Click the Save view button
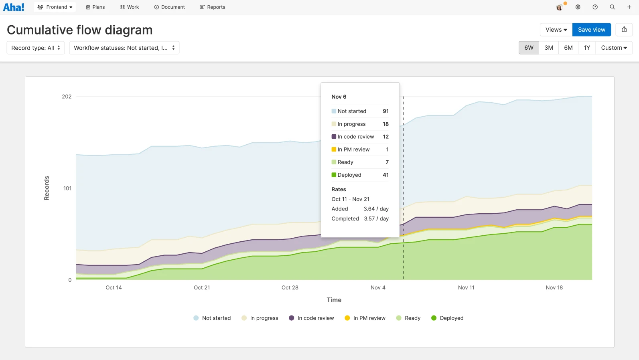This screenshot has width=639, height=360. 591,30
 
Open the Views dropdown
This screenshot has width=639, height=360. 556,30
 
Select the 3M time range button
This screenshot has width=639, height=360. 548,48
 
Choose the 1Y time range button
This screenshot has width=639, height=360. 586,48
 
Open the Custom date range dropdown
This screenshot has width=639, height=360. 614,48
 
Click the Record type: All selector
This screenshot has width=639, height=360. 36,48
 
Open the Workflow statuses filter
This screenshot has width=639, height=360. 124,48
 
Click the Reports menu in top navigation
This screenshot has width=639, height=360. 213,7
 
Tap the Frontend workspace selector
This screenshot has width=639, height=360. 55,7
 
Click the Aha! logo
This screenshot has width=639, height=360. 14,7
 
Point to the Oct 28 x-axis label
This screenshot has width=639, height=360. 290,287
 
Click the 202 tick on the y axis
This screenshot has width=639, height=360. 67,97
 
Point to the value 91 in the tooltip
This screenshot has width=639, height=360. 385,111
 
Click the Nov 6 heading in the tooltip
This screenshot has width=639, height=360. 339,97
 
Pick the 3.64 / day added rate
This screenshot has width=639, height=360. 376,209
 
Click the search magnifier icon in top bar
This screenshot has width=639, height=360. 612,7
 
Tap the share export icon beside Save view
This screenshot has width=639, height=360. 624,30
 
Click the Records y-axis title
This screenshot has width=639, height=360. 47,188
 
